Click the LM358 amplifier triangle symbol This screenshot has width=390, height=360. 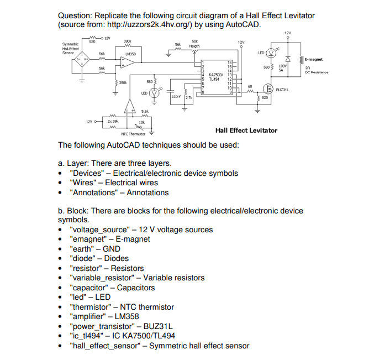[128, 64]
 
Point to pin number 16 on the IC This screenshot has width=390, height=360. [229, 62]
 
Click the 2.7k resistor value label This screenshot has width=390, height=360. [188, 97]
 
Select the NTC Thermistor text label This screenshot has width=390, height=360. [133, 134]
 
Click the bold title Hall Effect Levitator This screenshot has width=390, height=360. [246, 131]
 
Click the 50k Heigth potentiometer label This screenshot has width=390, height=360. [194, 44]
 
